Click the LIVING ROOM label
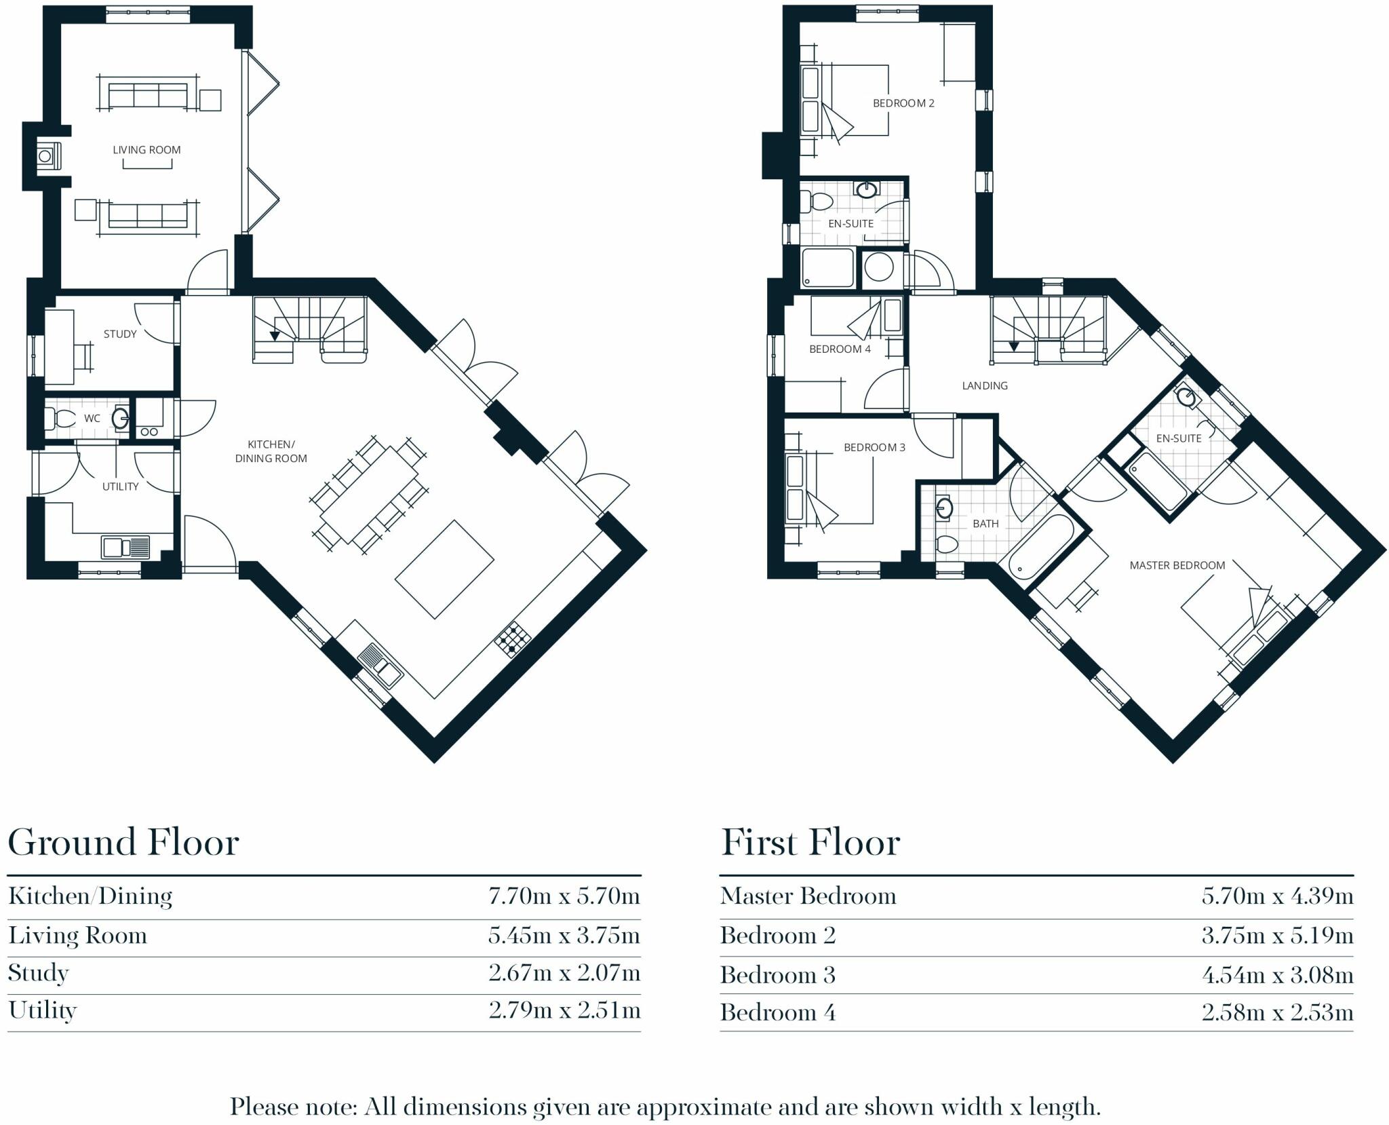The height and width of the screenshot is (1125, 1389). (146, 150)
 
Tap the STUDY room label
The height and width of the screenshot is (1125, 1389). (120, 334)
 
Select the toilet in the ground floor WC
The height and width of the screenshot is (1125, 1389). (59, 418)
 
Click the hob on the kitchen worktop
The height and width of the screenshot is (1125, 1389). (513, 639)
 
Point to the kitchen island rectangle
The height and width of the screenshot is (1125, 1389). (445, 569)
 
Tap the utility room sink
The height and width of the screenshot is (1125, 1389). (125, 547)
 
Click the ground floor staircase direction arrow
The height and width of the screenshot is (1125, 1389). (275, 335)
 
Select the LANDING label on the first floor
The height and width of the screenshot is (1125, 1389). (985, 385)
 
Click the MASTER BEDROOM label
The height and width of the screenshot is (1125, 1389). (1177, 565)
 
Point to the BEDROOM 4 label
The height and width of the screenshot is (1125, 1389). (840, 349)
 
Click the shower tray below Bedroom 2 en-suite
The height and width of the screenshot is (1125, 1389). (827, 267)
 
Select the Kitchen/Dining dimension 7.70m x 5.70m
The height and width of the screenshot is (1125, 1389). (564, 896)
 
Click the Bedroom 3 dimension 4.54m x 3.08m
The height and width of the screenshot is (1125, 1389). (1277, 975)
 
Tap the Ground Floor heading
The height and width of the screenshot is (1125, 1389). (123, 843)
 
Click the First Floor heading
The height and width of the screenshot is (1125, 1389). (810, 843)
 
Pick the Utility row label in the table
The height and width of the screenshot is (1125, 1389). (43, 1010)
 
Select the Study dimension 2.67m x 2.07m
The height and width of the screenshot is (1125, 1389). (564, 973)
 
